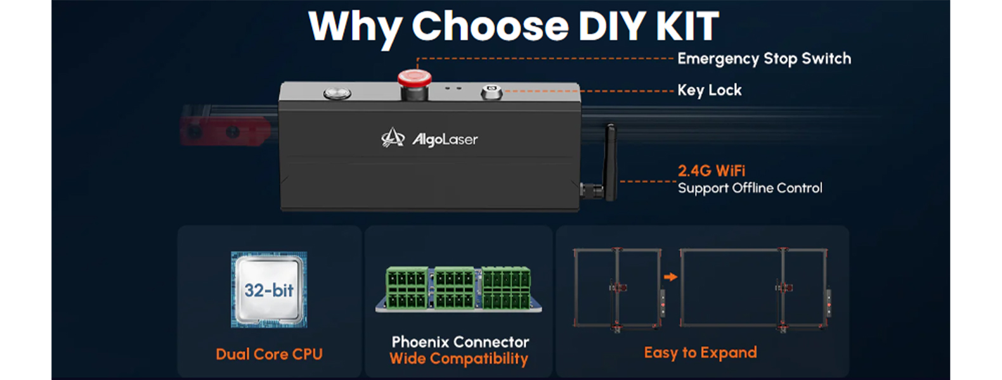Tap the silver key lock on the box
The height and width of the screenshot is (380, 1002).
coord(491,92)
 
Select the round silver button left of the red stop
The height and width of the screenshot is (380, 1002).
coord(337,93)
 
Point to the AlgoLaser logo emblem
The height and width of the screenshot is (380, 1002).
coord(393,137)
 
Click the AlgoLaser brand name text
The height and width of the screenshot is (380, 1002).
coord(445,140)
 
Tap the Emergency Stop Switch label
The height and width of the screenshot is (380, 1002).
coord(764,59)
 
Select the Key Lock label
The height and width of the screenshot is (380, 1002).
coord(710,91)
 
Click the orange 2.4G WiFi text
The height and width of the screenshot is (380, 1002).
coord(712,170)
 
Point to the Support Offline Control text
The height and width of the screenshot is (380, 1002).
coord(750,188)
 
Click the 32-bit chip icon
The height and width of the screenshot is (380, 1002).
coord(269,289)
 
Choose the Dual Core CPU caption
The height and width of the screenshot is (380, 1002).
coord(269,354)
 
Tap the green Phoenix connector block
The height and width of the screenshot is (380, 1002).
coord(459,289)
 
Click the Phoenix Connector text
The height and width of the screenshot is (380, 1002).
coord(460,342)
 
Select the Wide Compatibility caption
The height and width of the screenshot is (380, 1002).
coord(459,358)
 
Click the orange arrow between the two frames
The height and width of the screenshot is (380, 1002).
coord(670,277)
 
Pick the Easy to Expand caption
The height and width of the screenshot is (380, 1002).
coord(701,353)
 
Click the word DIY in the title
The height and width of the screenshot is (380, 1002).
coord(613,27)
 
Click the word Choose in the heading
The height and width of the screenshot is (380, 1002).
coord(490,27)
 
